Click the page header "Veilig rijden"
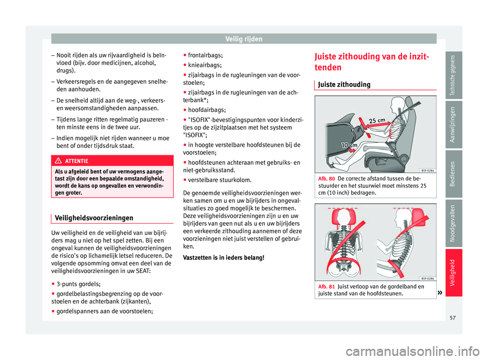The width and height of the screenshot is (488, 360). pyautogui.click(x=244, y=38)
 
